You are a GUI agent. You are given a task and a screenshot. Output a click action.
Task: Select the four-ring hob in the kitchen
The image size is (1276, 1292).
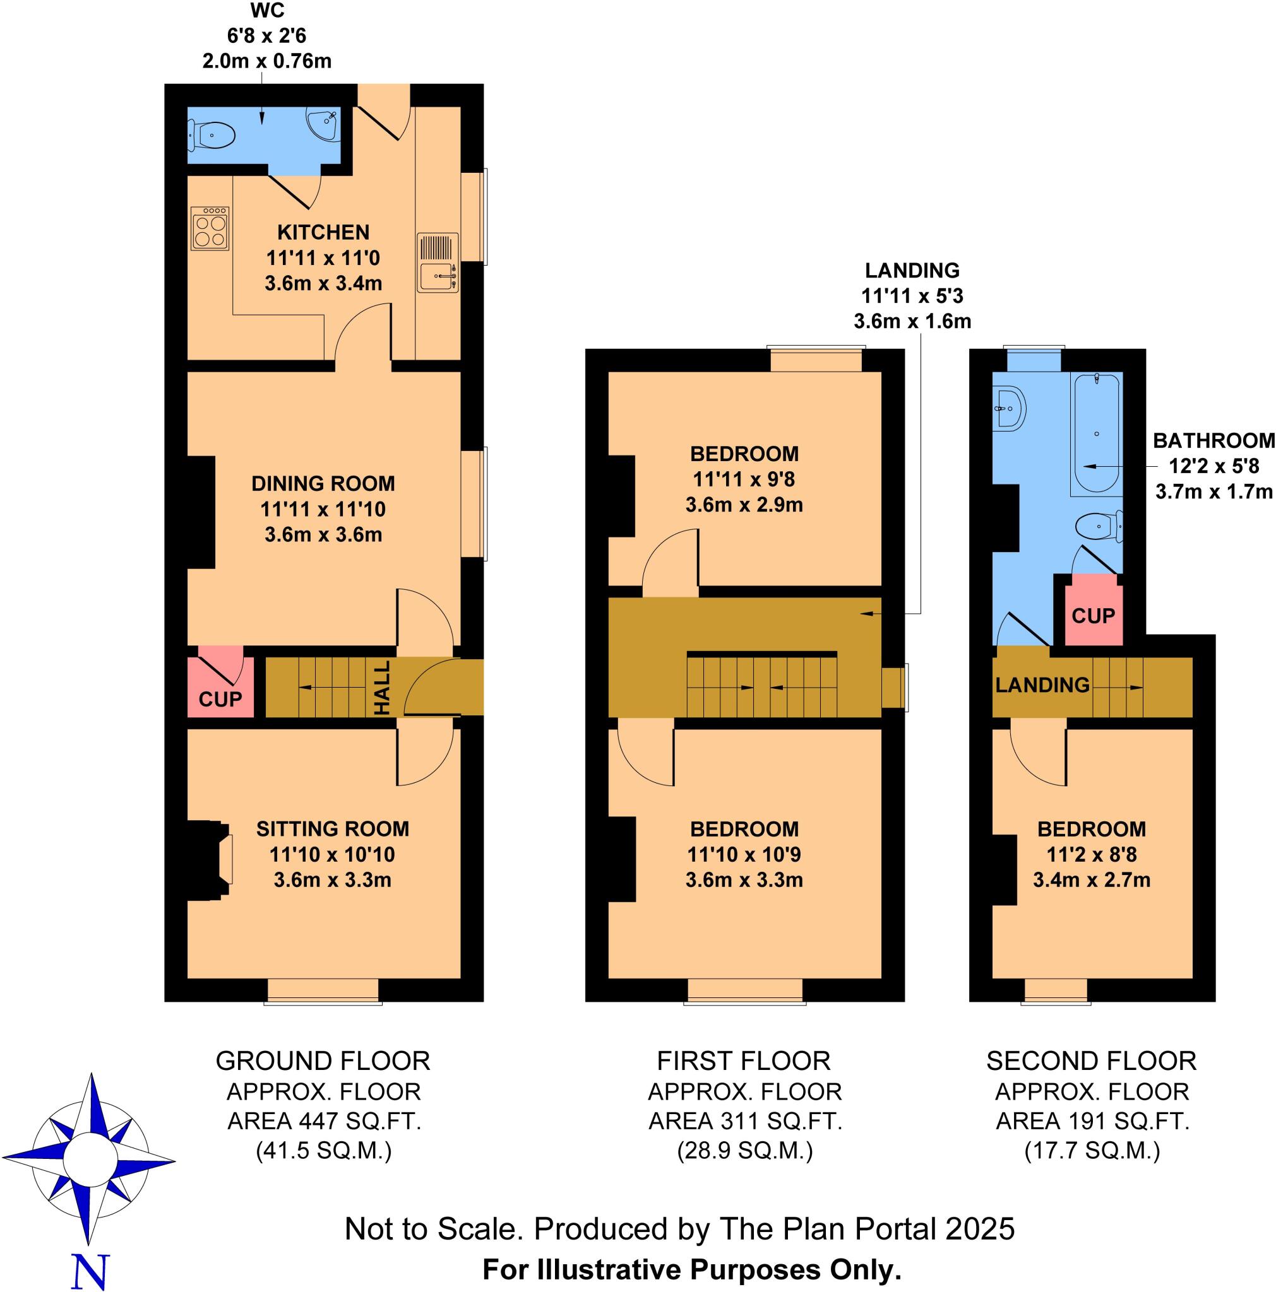click(x=210, y=228)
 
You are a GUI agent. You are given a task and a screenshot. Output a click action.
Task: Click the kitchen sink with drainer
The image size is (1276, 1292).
click(x=438, y=262)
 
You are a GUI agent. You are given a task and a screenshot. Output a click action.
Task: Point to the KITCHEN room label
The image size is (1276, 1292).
click(x=323, y=232)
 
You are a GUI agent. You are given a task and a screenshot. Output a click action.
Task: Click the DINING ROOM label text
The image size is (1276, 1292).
click(x=323, y=483)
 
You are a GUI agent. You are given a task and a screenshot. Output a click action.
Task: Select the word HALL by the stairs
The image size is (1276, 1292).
click(x=382, y=688)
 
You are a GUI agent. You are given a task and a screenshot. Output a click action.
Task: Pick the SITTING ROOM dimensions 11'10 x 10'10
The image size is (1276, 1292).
click(x=332, y=854)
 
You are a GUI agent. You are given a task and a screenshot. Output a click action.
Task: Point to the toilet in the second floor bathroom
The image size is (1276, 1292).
click(x=1099, y=526)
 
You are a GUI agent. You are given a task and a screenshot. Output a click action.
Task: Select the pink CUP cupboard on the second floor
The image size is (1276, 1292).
click(x=1093, y=612)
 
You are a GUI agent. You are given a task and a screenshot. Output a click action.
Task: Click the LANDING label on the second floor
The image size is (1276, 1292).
click(x=1042, y=684)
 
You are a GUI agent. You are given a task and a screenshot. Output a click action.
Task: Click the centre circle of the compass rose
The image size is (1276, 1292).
click(x=88, y=1158)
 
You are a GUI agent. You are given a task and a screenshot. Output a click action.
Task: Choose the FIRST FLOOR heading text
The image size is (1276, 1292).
click(x=743, y=1060)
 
